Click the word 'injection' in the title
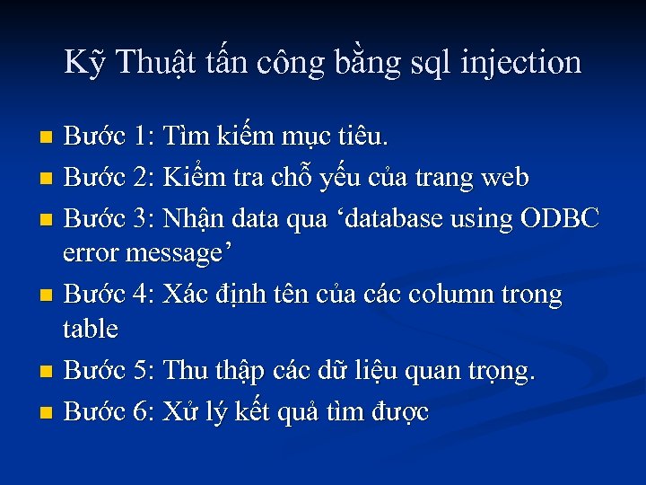point(521,63)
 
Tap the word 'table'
point(91,329)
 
